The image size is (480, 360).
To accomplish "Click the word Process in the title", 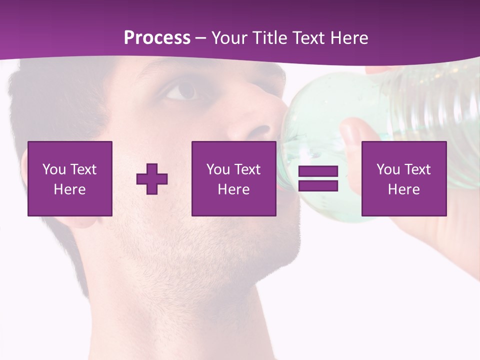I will tap(157, 38).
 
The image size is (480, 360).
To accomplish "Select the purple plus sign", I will tap(152, 178).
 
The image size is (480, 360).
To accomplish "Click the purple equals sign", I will tap(318, 178).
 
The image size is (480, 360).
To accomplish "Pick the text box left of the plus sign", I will tap(70, 178).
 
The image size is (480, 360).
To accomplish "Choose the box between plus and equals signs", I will tap(233, 178).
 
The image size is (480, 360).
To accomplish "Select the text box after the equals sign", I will tap(404, 178).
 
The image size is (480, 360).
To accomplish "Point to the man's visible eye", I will tap(182, 90).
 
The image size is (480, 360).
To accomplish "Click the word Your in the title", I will tap(229, 38).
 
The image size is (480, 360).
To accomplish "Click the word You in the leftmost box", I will tap(54, 169).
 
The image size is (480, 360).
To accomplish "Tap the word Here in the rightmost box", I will tap(404, 189).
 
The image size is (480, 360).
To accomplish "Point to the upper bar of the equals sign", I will tap(318, 171).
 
